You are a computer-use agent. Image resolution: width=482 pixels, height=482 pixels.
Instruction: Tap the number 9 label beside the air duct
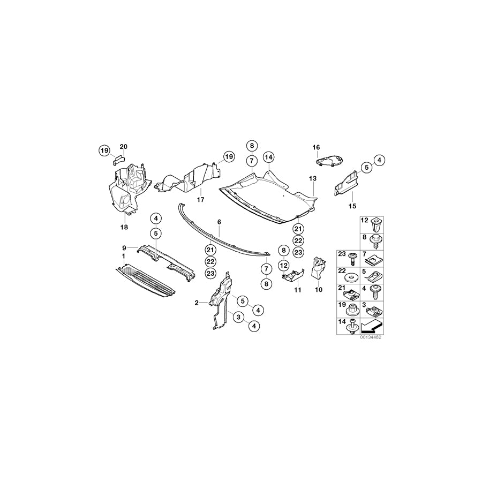[124, 247]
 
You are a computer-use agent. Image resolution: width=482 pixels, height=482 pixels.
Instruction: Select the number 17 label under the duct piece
[201, 200]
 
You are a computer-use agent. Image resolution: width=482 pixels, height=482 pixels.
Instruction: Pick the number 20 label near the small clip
[124, 147]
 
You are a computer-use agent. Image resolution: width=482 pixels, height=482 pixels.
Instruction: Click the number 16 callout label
[315, 147]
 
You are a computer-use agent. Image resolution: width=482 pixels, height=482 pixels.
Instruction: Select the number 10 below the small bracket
[319, 289]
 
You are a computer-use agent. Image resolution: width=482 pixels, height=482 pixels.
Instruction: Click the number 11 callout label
[298, 289]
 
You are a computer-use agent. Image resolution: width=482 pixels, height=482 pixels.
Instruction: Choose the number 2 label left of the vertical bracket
[197, 303]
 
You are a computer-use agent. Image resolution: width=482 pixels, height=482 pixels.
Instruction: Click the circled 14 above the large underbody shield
[268, 157]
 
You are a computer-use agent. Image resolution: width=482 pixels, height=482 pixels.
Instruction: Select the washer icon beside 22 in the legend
[352, 277]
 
